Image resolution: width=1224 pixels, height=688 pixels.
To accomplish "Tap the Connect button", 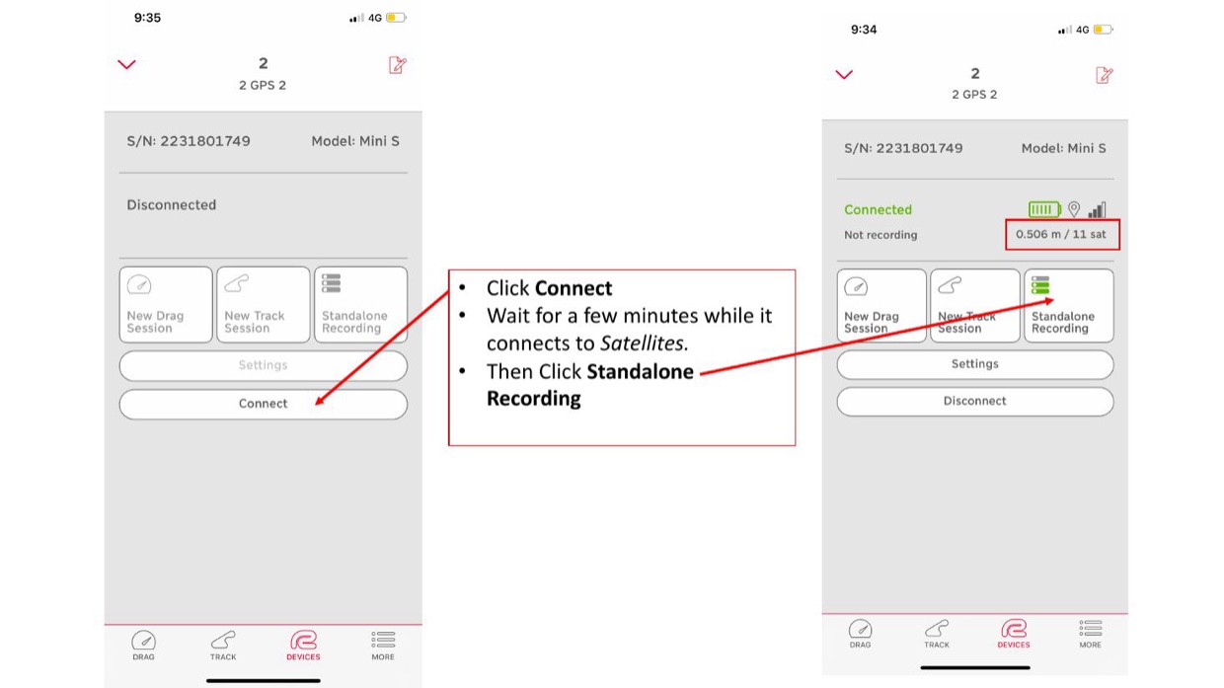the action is tap(263, 404).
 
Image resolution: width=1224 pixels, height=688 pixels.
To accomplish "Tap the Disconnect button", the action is tap(975, 401).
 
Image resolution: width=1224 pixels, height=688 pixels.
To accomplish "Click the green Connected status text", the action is tap(878, 210).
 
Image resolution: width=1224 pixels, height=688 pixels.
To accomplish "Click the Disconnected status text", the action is tap(172, 205).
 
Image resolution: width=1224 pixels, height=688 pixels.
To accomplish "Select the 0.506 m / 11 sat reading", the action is tap(1060, 235).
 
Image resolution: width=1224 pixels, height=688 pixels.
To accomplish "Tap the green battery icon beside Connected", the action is tap(1044, 209).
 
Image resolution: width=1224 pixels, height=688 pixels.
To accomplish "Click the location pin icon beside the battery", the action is tap(1074, 209).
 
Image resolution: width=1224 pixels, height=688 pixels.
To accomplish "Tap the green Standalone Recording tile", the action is tap(1068, 305).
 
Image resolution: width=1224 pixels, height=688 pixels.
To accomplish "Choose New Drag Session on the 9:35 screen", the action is tap(166, 305).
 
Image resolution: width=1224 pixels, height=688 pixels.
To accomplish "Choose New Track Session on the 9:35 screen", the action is tap(263, 305).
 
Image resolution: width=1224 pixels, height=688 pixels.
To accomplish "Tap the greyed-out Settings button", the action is tap(263, 365).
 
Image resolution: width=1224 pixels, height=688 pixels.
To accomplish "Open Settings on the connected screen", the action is tap(975, 364).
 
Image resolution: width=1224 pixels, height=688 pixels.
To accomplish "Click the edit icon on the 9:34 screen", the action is tap(1104, 75).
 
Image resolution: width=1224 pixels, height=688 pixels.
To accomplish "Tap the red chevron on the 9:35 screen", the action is tap(126, 64).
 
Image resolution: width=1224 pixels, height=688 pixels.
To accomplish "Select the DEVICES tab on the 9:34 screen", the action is tap(1013, 634).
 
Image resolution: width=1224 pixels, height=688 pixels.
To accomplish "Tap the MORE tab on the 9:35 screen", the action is tap(383, 646).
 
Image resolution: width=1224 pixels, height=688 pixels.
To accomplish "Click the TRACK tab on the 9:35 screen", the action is tap(223, 646).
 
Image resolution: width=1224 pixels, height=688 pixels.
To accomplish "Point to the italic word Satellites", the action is tap(642, 344).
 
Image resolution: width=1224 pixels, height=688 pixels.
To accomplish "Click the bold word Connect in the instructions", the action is tap(574, 288).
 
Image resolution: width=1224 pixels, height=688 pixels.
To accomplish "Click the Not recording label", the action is tap(880, 235).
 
